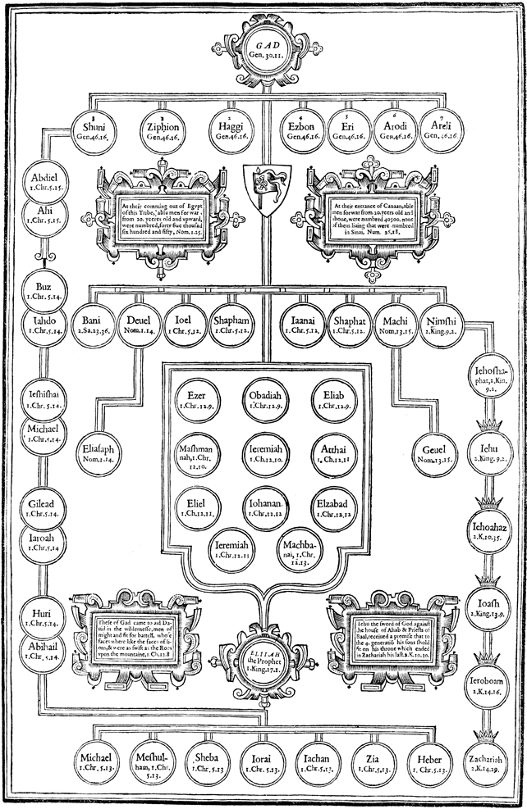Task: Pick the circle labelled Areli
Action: tap(447, 130)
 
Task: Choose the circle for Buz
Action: tap(40, 290)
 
